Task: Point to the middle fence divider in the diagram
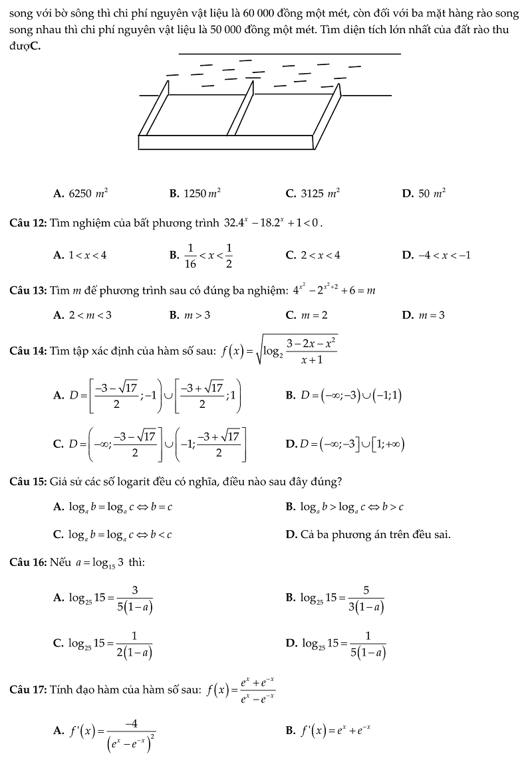tap(241, 110)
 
